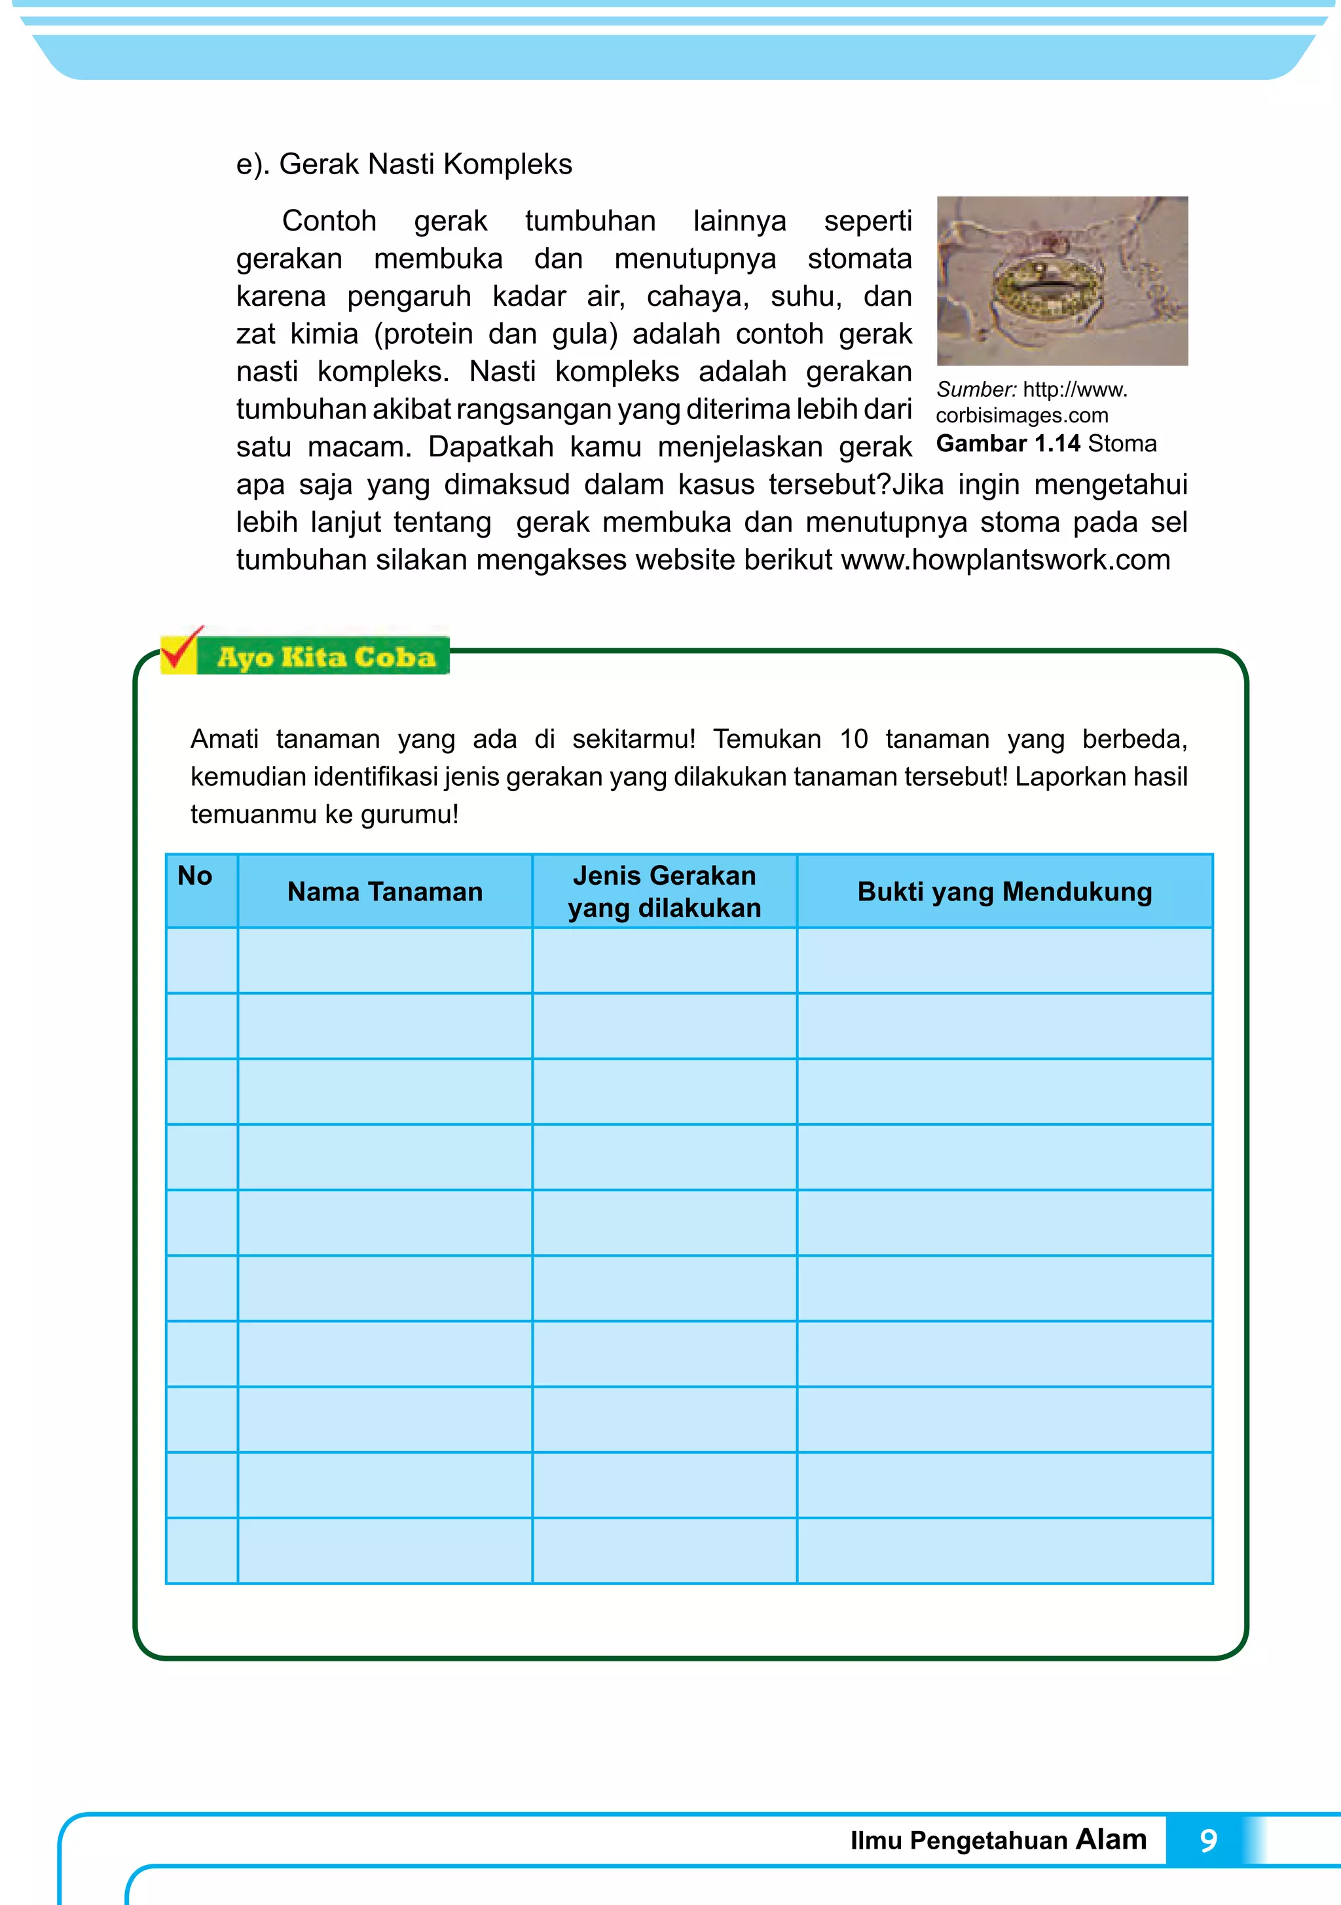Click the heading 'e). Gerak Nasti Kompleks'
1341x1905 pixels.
(404, 164)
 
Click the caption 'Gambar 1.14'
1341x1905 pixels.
(1008, 443)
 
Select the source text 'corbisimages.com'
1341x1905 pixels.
(1021, 416)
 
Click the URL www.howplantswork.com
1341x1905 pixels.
(1006, 560)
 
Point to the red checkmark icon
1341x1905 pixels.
(180, 650)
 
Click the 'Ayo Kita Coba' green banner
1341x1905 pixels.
(325, 657)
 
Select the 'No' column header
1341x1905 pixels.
(195, 876)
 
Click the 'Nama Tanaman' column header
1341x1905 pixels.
(384, 892)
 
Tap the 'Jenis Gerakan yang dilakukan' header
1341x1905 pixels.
(664, 892)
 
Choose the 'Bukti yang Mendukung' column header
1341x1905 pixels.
(1004, 892)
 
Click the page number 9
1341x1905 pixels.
(1208, 1841)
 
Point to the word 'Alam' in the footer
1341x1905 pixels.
(1111, 1840)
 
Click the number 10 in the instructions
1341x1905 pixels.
(854, 739)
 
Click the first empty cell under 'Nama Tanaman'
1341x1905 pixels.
(384, 961)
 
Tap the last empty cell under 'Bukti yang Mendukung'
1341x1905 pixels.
(1004, 1551)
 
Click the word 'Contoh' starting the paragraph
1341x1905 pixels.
(329, 221)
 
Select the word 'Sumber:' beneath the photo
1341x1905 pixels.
(977, 390)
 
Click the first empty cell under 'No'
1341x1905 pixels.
(202, 961)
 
